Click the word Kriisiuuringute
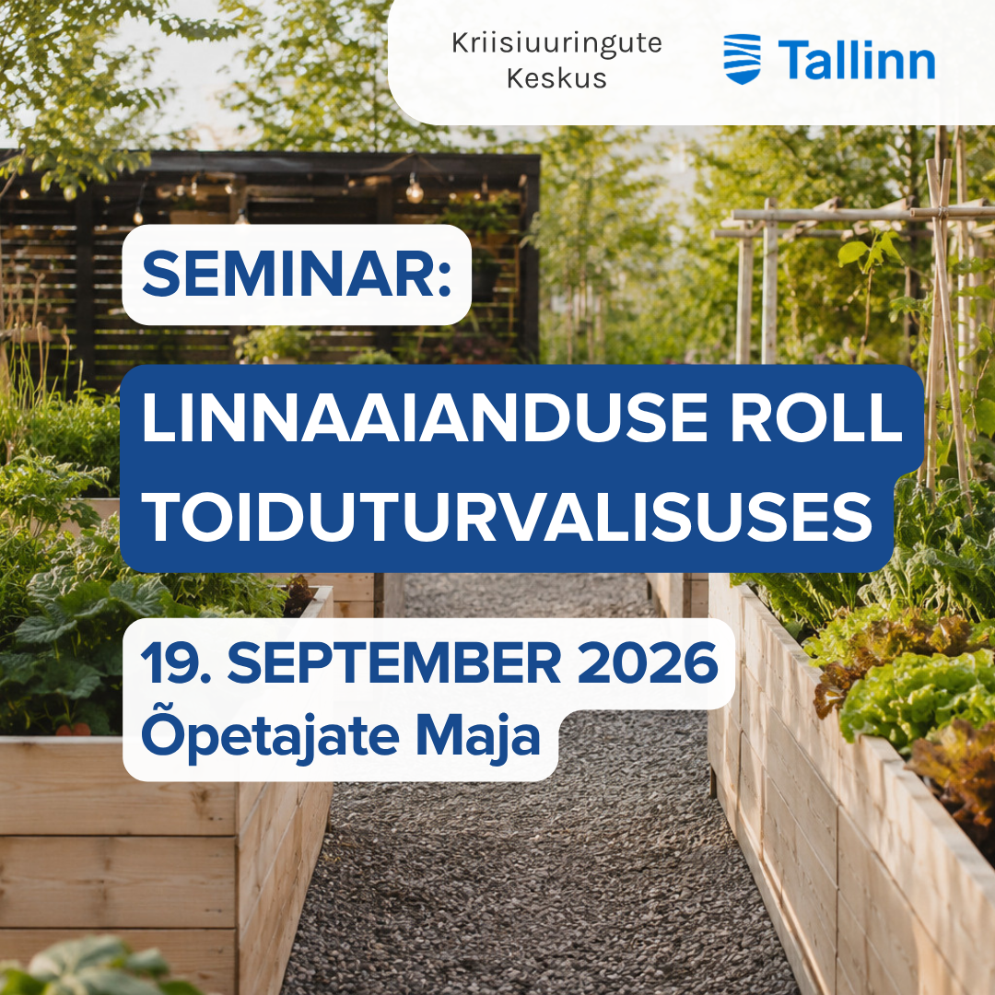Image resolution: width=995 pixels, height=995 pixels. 556,44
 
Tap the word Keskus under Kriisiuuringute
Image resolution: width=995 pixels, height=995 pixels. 556,78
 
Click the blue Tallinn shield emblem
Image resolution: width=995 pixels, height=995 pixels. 743,59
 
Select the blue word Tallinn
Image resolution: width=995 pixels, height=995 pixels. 857,60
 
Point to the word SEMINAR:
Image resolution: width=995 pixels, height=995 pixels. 297,275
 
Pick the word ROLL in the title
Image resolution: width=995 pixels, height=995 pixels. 816,418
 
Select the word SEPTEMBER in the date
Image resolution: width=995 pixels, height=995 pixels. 394,663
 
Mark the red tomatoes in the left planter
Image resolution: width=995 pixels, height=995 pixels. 74,729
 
